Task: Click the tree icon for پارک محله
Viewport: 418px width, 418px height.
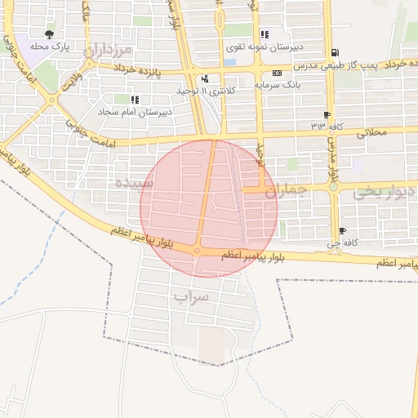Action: tap(49, 34)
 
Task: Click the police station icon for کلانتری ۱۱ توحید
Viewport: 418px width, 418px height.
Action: tap(204, 79)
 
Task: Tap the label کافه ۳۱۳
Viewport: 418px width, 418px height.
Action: tap(327, 127)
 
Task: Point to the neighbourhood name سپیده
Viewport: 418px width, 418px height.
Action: tap(136, 184)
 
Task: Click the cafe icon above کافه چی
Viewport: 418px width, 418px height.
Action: tap(342, 231)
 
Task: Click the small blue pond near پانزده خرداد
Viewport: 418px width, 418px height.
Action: tap(229, 61)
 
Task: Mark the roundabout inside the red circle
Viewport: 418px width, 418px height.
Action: tap(198, 250)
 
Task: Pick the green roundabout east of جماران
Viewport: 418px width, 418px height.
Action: tap(333, 187)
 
